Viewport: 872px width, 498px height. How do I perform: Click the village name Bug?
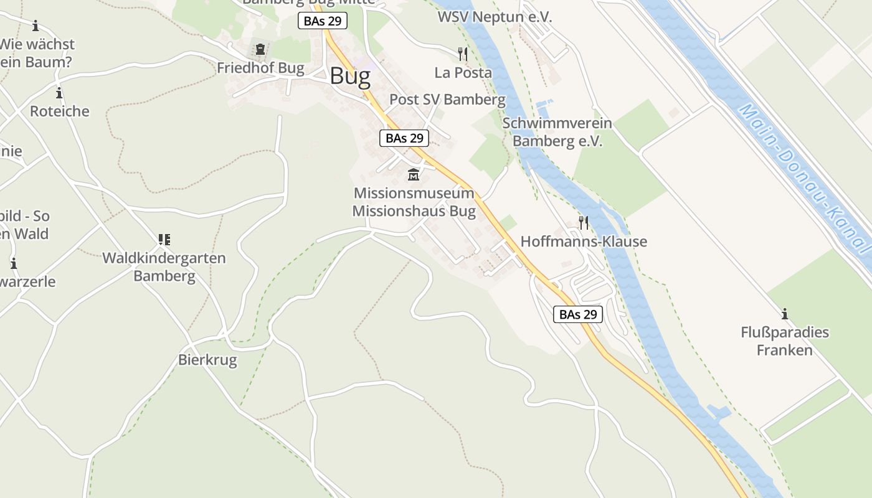click(x=350, y=76)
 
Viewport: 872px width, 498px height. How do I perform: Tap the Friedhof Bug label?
click(x=260, y=68)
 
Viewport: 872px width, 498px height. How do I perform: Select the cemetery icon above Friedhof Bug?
click(x=260, y=49)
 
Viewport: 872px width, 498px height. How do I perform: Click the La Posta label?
click(x=463, y=72)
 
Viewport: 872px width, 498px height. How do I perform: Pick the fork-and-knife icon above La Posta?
click(x=462, y=54)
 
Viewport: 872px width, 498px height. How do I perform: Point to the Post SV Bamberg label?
click(x=447, y=99)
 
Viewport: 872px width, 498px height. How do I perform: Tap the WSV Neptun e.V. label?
click(x=495, y=17)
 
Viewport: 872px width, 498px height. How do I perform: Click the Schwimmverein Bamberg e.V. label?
click(x=557, y=132)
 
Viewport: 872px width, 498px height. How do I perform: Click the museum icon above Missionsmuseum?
click(x=414, y=174)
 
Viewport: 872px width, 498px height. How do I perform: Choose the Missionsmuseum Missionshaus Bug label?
click(x=414, y=202)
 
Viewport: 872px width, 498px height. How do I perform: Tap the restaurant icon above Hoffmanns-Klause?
click(x=584, y=222)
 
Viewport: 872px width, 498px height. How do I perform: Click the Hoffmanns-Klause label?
click(x=584, y=242)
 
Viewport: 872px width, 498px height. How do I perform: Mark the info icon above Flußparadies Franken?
click(x=785, y=314)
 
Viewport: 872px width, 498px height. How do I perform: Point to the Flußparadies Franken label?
click(x=785, y=341)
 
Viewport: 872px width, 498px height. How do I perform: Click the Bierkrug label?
click(x=207, y=360)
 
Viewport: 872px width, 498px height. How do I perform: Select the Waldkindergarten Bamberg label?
click(x=164, y=266)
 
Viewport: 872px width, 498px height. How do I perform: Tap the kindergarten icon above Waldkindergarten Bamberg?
click(x=164, y=239)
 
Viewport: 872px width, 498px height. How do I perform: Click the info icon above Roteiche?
click(x=59, y=93)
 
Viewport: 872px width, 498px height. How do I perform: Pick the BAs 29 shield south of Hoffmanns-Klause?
click(x=578, y=314)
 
